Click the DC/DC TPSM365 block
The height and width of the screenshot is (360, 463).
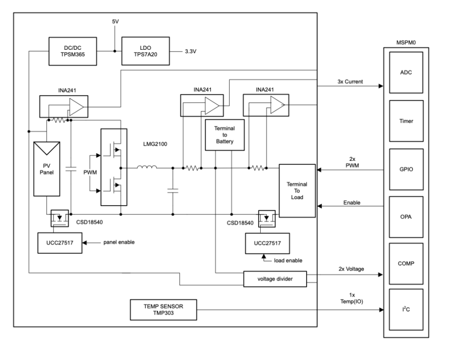coord(72,51)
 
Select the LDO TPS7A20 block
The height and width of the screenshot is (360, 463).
coord(146,51)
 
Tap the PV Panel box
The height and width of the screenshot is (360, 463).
coord(47,169)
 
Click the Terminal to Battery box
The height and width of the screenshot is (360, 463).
coord(225,135)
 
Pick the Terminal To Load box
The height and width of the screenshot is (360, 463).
coord(297,191)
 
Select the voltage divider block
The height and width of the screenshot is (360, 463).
coord(275,279)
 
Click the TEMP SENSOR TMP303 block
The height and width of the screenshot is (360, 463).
coord(163,310)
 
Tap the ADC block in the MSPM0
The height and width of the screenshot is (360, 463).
coord(406,73)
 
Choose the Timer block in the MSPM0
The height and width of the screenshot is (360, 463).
coord(406,121)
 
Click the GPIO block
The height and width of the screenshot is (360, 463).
coord(406,169)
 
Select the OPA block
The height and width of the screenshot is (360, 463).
coord(406,217)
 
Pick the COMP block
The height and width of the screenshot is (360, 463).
coord(406,263)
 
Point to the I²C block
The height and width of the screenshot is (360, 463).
coord(406,309)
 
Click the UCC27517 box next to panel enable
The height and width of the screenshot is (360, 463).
coord(60,243)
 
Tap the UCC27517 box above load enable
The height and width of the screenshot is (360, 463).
coord(267,243)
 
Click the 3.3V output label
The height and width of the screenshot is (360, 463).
coord(191,51)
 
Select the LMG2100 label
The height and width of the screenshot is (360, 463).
coord(155,144)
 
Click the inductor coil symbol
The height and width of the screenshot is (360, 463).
coord(147,167)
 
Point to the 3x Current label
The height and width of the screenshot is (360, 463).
coord(350,82)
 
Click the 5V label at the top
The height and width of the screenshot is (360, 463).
coord(115,21)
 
